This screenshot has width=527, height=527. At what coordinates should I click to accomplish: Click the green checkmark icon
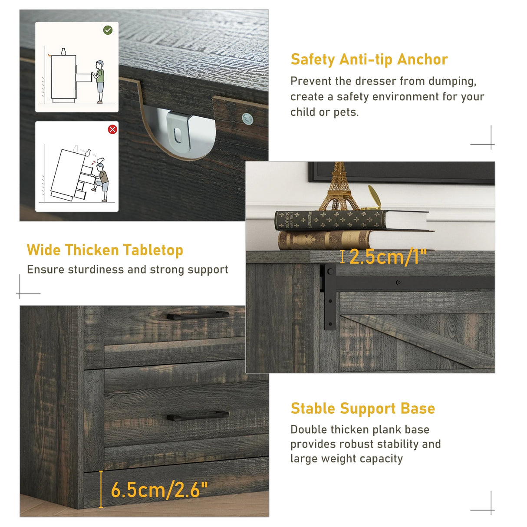[108, 30]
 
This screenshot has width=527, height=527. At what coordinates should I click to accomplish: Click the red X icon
[112, 129]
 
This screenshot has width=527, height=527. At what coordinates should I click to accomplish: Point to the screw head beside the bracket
[247, 118]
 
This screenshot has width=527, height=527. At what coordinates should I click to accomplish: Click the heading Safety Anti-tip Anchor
[369, 59]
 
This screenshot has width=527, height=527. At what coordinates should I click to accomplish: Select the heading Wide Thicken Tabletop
[105, 250]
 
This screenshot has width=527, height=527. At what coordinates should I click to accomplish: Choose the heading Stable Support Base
[362, 408]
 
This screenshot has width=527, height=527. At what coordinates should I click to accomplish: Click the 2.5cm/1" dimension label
[388, 257]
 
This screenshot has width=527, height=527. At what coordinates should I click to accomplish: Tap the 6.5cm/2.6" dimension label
[159, 490]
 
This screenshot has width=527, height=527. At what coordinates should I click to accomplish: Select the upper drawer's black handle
[198, 315]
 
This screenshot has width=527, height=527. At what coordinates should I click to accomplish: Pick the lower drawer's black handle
[198, 415]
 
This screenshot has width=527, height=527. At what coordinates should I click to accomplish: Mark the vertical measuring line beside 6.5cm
[101, 489]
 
